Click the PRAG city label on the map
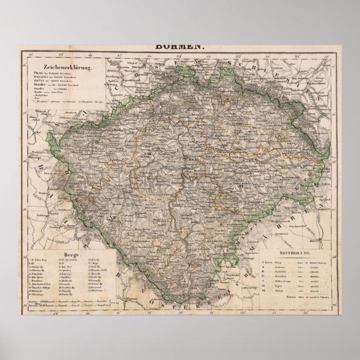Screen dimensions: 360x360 tap(188, 159)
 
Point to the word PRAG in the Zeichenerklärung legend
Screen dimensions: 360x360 tap(38, 77)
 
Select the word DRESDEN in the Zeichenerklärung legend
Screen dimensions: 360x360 tap(41, 81)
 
